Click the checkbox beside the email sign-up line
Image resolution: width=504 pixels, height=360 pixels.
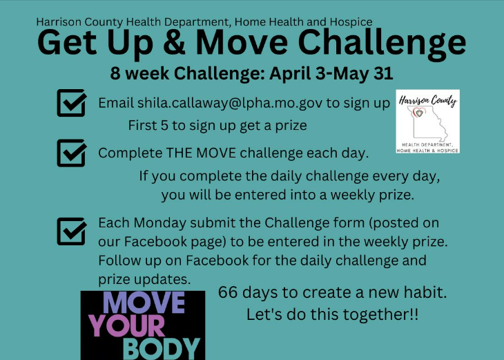point(71,103)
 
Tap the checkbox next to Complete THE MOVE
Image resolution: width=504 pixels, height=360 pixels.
point(71,153)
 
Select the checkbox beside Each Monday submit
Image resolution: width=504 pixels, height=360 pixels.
point(71,231)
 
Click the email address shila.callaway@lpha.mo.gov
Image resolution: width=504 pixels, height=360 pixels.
point(230,103)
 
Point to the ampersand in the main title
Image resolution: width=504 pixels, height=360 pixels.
point(174,43)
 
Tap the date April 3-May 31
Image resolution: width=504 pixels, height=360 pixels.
point(331,73)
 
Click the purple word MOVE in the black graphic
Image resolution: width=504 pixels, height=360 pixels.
point(144,303)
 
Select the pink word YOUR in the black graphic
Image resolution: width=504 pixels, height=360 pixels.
point(127,325)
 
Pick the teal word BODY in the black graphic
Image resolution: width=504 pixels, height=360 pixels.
point(162,349)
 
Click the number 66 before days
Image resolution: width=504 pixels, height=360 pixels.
point(228,292)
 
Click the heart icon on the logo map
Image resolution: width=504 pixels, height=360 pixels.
point(419,113)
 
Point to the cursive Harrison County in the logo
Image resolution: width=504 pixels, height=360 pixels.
point(427,101)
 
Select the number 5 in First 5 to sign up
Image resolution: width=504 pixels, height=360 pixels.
point(164,125)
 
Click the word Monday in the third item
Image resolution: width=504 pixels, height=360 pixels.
point(159,223)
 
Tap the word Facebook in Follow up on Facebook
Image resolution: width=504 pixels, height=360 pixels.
point(217,260)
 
